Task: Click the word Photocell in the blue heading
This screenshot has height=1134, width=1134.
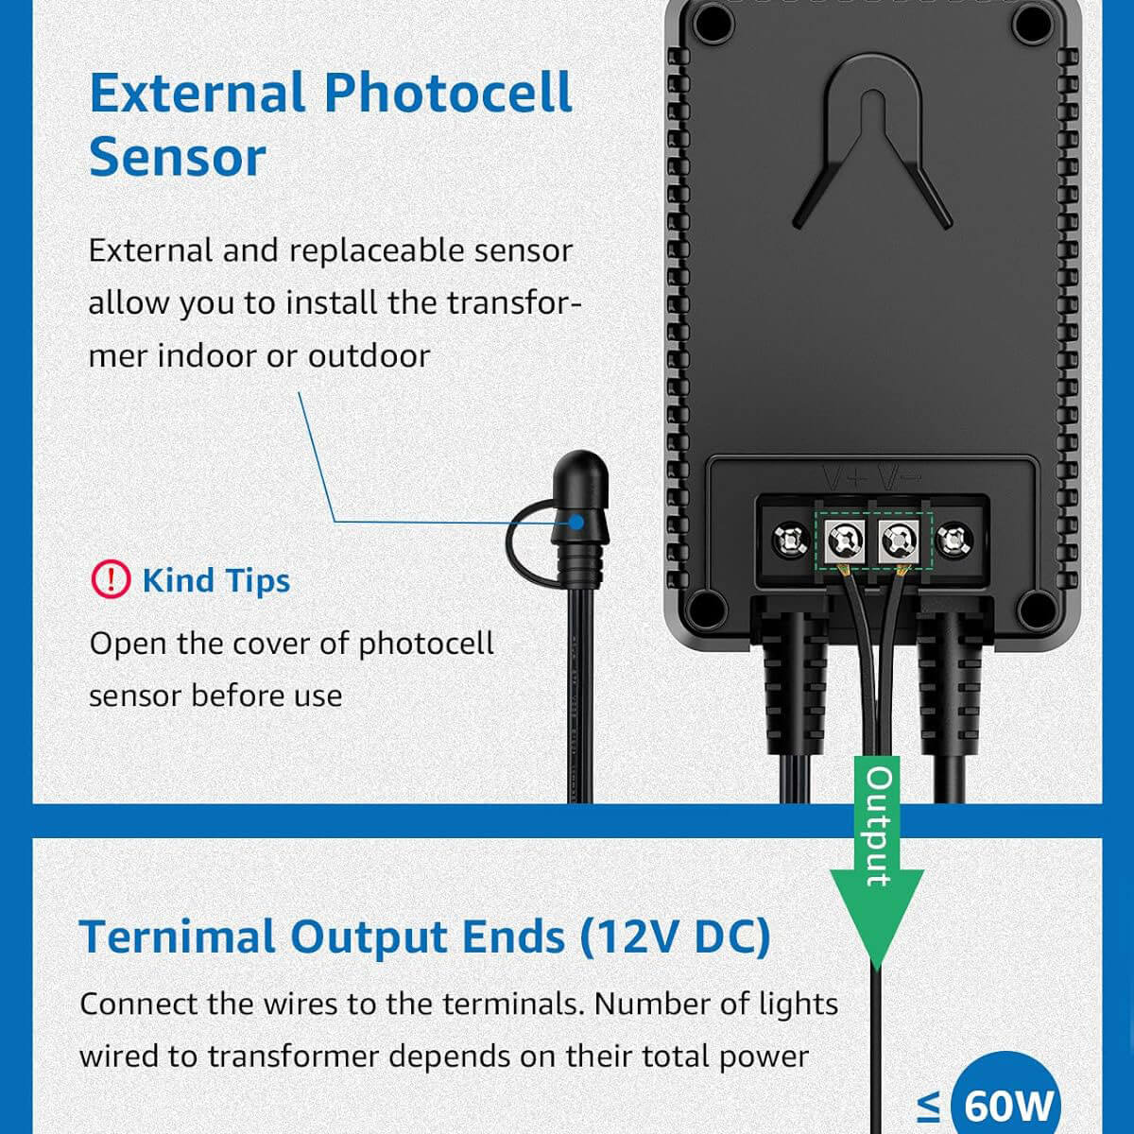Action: [x=448, y=94]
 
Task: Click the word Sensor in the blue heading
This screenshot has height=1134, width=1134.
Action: [x=177, y=158]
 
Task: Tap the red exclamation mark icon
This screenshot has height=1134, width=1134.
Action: [x=111, y=578]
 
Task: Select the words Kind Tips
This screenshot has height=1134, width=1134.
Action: [x=215, y=580]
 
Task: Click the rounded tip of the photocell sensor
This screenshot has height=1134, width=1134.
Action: [x=579, y=470]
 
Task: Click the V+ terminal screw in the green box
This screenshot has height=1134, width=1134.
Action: [x=844, y=541]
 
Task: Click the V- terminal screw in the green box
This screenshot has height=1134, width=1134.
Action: [x=898, y=541]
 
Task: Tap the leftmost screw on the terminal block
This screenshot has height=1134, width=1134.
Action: [x=788, y=541]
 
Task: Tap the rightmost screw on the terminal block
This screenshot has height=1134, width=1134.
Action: [x=954, y=541]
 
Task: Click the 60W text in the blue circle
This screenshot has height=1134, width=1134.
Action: [x=1008, y=1104]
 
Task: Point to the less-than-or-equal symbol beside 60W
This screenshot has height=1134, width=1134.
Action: [x=929, y=1104]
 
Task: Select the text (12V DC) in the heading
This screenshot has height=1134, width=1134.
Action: [x=675, y=936]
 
